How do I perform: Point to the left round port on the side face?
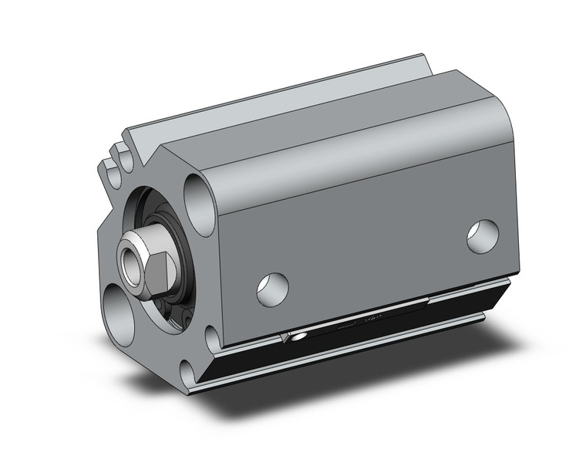click(x=272, y=287)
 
